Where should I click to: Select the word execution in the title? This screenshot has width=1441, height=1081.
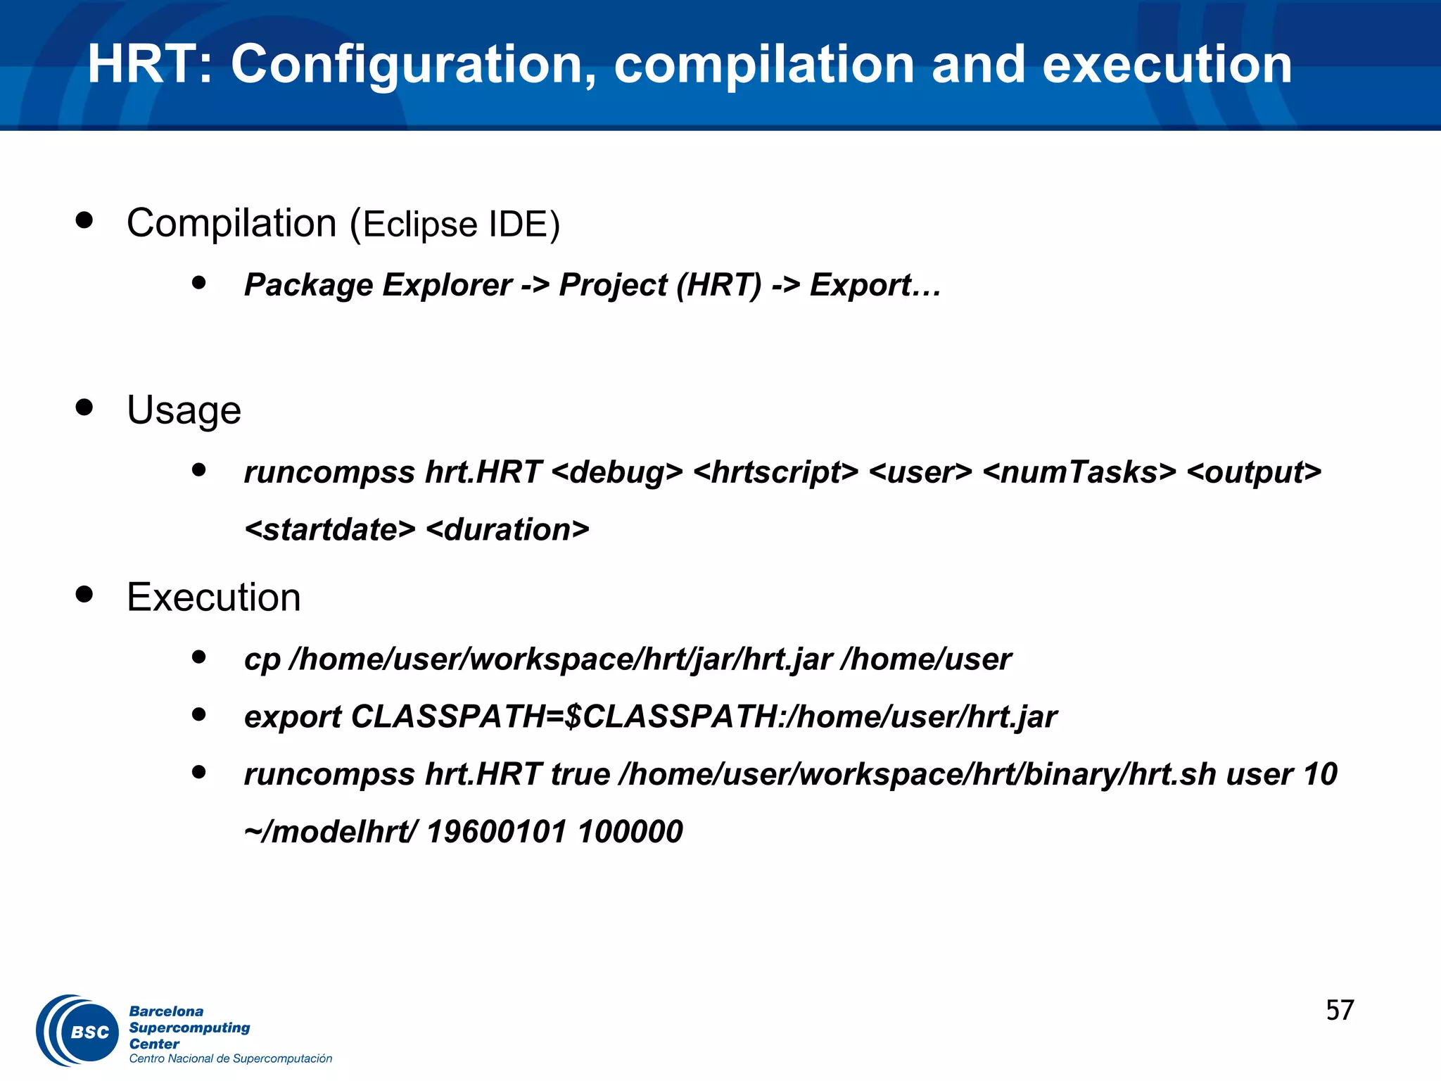pyautogui.click(x=1167, y=65)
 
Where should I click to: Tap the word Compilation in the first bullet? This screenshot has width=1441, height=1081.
pyautogui.click(x=231, y=224)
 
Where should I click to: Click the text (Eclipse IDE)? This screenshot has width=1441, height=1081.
pyautogui.click(x=455, y=225)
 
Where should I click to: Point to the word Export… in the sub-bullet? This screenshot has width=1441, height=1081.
pyautogui.click(x=875, y=285)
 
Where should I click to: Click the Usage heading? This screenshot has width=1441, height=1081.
pyautogui.click(x=184, y=410)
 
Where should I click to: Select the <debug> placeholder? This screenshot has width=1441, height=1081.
pyautogui.click(x=617, y=472)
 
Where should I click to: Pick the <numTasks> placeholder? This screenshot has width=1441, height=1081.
pyautogui.click(x=1079, y=472)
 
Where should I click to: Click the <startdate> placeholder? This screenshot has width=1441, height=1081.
pyautogui.click(x=330, y=530)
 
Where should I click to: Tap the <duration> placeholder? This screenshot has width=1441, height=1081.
pyautogui.click(x=507, y=530)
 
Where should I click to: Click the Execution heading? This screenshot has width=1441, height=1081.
pyautogui.click(x=214, y=598)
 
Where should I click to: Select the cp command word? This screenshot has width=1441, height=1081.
pyautogui.click(x=262, y=660)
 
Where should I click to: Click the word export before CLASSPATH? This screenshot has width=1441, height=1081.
pyautogui.click(x=292, y=718)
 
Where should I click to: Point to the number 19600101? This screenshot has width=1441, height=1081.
pyautogui.click(x=496, y=832)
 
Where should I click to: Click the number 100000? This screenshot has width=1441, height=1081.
pyautogui.click(x=630, y=832)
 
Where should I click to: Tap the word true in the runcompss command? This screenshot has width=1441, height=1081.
pyautogui.click(x=580, y=775)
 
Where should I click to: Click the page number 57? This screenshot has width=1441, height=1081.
pyautogui.click(x=1340, y=1011)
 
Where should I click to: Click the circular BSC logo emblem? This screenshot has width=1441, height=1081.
pyautogui.click(x=79, y=1031)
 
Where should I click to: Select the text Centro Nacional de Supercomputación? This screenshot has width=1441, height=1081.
pyautogui.click(x=230, y=1059)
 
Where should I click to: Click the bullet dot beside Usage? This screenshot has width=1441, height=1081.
pyautogui.click(x=84, y=407)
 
